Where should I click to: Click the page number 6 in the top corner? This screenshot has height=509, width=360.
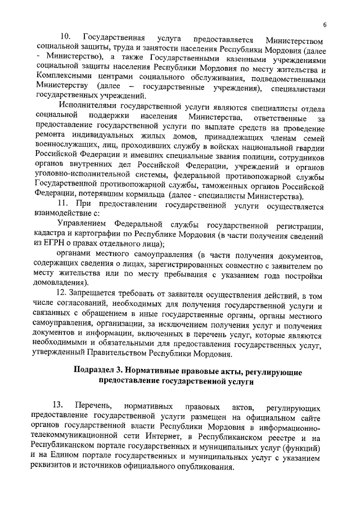click(325, 24)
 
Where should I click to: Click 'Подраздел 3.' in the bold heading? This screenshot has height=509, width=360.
click(99, 372)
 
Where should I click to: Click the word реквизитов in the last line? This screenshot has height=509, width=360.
click(56, 467)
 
